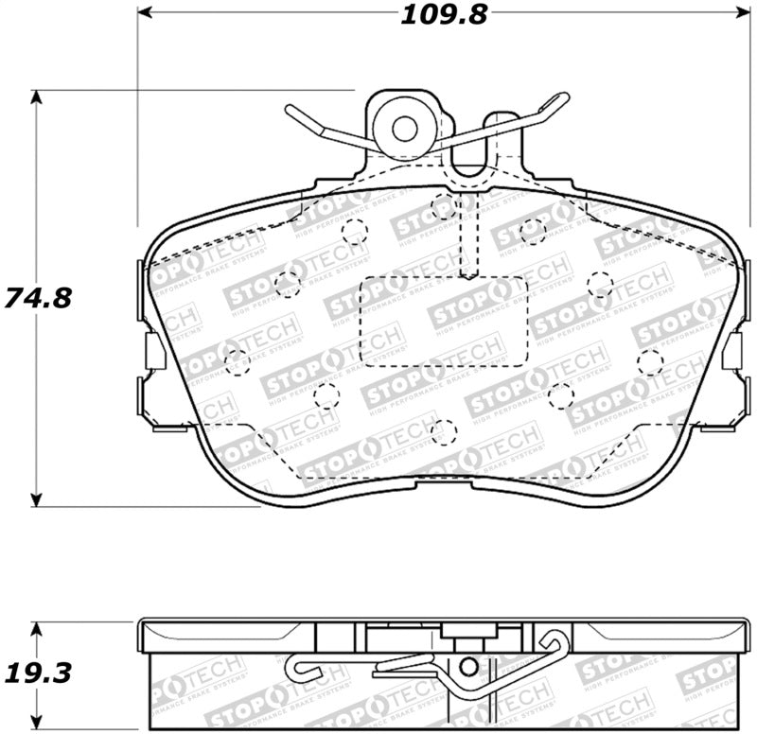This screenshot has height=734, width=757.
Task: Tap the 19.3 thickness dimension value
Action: pos(38,673)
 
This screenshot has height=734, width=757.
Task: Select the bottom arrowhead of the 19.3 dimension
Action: pos(38,721)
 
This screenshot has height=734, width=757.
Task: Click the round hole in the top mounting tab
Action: pos(405,128)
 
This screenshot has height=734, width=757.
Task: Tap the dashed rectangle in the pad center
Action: pos(445,321)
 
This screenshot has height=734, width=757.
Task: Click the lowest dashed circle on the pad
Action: pos(438,431)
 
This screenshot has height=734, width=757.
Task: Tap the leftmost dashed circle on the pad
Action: pos(236,357)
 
